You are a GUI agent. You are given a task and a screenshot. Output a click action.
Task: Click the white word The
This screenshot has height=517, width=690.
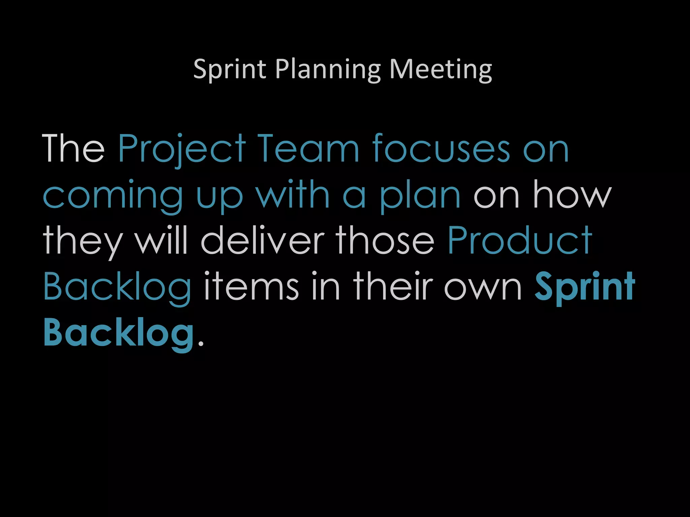pyautogui.click(x=73, y=148)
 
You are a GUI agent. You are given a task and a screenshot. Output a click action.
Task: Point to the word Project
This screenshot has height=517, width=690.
pyautogui.click(x=182, y=148)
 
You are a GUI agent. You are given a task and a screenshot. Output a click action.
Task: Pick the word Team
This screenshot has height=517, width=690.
pyautogui.click(x=309, y=148)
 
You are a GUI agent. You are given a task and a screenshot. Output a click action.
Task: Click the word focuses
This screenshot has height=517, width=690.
pyautogui.click(x=441, y=148)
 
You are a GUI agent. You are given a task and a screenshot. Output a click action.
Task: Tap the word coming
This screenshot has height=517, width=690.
pyautogui.click(x=113, y=195)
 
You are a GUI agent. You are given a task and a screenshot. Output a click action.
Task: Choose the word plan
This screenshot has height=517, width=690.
pyautogui.click(x=420, y=195)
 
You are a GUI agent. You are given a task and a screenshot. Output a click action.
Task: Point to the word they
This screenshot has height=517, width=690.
pyautogui.click(x=83, y=241)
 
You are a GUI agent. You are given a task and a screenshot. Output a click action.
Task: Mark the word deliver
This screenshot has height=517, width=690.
pyautogui.click(x=263, y=240)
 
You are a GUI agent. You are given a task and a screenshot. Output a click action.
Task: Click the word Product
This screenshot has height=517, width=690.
pyautogui.click(x=520, y=240)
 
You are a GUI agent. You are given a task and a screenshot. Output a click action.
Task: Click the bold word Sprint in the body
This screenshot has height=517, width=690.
pyautogui.click(x=585, y=287)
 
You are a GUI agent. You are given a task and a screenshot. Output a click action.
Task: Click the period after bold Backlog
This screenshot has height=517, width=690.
pyautogui.click(x=201, y=343)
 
